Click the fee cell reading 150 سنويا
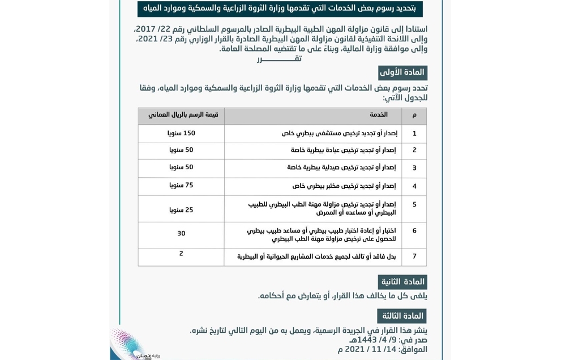tap(181, 134)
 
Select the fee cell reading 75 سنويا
tap(181, 186)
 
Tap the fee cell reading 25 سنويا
tap(181, 210)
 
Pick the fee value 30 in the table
tap(181, 234)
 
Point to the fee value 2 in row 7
tap(181, 254)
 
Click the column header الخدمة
tap(379, 115)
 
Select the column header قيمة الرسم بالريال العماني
tap(183, 115)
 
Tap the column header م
tap(414, 115)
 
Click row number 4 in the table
tap(414, 186)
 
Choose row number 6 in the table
tap(414, 231)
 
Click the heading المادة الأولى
tap(402, 73)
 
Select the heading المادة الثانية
tap(402, 282)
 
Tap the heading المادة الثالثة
tap(402, 316)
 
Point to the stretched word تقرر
tap(279, 59)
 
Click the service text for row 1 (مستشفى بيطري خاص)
tap(340, 134)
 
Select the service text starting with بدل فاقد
tap(316, 257)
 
